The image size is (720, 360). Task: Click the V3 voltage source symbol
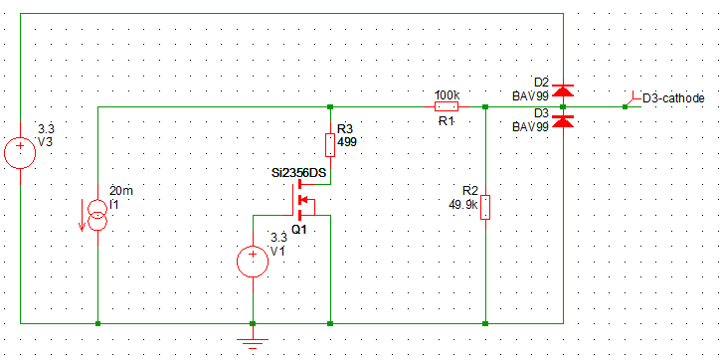[x=19, y=154]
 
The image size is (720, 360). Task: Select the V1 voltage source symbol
[x=253, y=262]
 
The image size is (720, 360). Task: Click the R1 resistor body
[x=446, y=105]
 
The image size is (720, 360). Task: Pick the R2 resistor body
[x=484, y=208]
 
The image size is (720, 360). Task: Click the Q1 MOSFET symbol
[x=301, y=205]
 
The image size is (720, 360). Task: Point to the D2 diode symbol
[x=563, y=91]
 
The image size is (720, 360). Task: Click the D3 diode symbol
[x=563, y=120]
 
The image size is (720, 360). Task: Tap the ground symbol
[x=254, y=343]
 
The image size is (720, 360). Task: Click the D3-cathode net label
[x=673, y=98]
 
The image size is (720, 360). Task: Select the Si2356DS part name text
[x=298, y=172]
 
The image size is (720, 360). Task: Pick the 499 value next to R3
[x=347, y=142]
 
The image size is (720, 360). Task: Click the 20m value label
[x=119, y=191]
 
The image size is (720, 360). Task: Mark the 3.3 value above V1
[x=277, y=238]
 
